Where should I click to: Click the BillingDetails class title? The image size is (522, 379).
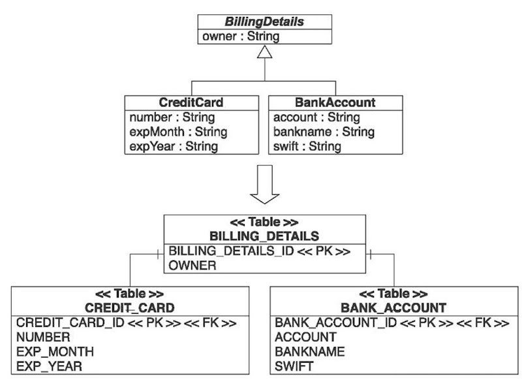pos(264,22)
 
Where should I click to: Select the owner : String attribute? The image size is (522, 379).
pos(239,36)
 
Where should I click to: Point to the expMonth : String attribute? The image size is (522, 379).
pos(178,132)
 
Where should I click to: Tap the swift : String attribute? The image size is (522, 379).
pos(307,146)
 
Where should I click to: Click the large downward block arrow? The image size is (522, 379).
pos(265,187)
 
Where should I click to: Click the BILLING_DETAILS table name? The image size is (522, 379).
pos(264,235)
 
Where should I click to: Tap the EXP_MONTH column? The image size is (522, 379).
pos(55,352)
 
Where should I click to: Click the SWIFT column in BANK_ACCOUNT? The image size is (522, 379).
pos(294,366)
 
